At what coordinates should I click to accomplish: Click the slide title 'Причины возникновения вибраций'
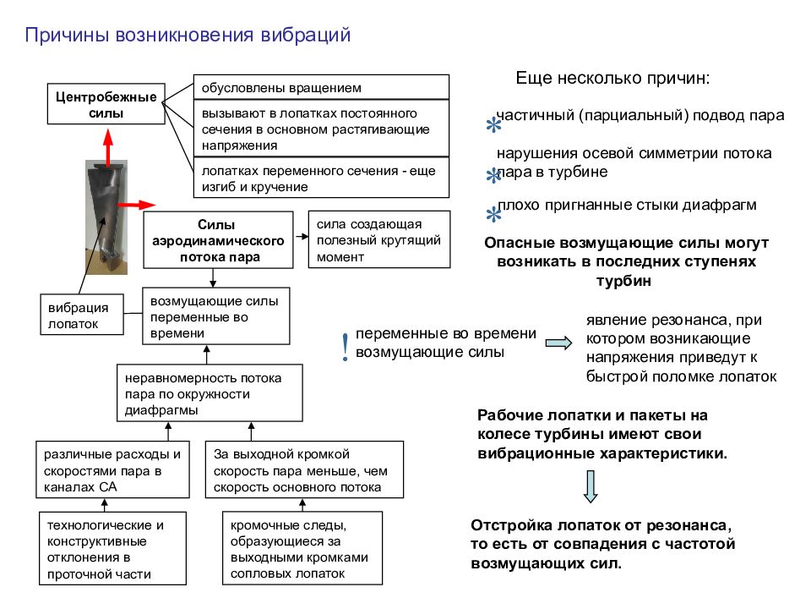click(188, 36)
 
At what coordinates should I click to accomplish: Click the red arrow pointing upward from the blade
click(107, 147)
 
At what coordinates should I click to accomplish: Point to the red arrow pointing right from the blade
click(137, 205)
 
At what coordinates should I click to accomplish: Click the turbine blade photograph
click(106, 217)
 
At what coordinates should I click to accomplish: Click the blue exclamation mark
click(345, 347)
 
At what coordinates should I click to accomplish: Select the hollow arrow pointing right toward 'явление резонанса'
click(559, 343)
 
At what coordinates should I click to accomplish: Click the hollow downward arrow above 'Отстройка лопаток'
click(591, 486)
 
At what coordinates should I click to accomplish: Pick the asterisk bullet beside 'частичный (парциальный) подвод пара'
click(493, 125)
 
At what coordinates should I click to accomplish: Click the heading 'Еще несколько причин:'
click(613, 78)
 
